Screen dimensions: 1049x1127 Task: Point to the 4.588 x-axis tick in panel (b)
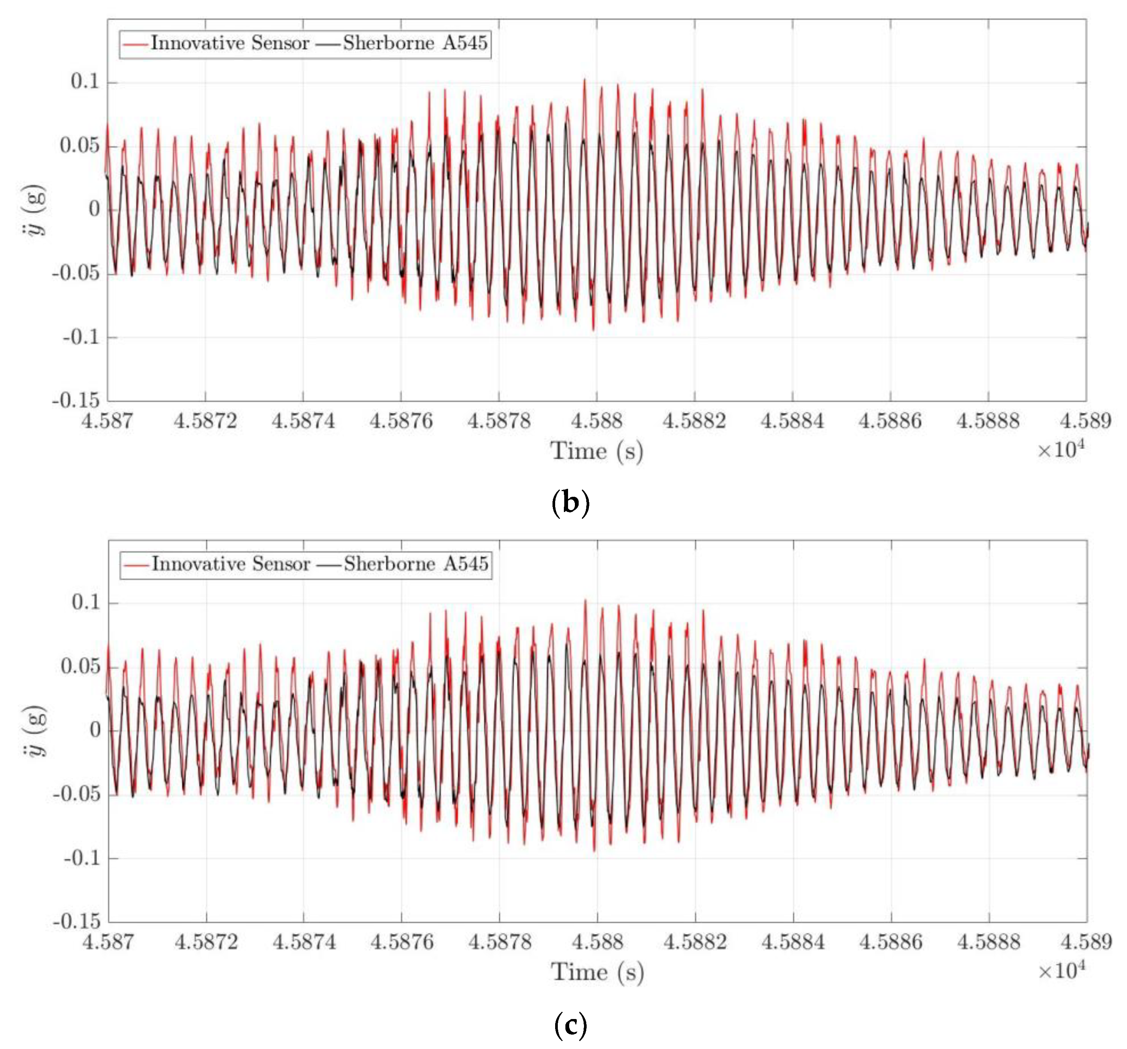(x=597, y=421)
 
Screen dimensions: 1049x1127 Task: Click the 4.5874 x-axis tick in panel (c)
(x=304, y=942)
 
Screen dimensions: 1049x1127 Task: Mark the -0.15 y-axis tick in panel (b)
(x=76, y=401)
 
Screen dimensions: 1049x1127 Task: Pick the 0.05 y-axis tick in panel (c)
(x=80, y=666)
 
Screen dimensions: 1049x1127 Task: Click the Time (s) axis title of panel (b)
(x=597, y=451)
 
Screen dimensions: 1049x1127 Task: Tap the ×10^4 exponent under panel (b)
(x=1061, y=450)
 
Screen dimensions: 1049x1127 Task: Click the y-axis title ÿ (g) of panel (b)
(x=37, y=210)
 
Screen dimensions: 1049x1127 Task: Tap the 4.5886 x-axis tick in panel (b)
(x=890, y=421)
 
